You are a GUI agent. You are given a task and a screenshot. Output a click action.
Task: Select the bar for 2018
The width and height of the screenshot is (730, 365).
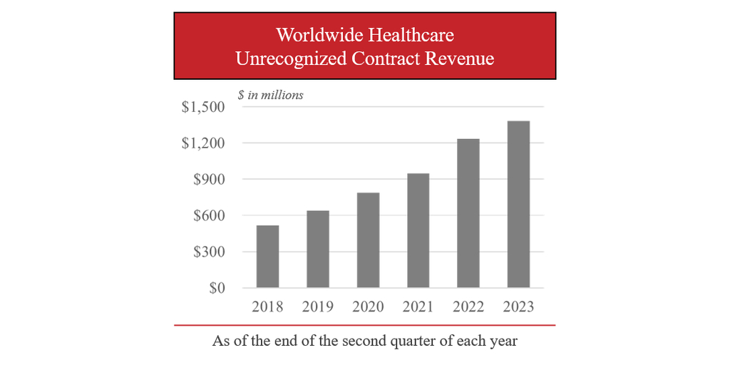point(267,257)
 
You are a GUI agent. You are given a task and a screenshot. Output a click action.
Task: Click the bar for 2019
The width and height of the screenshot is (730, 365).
point(317,249)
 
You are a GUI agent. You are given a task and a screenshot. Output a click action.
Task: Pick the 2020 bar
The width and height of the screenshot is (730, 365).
point(368,240)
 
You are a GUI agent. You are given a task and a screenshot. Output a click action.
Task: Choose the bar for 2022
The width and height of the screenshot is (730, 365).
point(468,213)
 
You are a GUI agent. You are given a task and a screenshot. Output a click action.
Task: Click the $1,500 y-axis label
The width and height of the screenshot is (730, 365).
point(203,107)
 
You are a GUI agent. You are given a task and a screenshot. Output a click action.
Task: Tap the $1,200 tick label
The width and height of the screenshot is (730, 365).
point(203,143)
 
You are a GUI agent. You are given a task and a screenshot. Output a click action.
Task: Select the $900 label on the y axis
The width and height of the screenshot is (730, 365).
point(209,180)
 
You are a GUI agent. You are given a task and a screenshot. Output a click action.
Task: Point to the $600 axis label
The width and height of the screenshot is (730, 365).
point(209,216)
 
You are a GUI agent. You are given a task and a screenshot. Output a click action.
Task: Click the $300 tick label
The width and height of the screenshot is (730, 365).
point(209,252)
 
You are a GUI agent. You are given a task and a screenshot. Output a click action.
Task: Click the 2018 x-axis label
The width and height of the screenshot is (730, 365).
point(267,307)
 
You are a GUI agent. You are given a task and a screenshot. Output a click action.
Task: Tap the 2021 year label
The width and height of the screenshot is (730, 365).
point(418,307)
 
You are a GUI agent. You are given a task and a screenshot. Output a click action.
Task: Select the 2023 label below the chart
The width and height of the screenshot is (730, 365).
point(518,307)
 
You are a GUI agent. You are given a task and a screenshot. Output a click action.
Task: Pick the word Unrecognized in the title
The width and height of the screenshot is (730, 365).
point(291,58)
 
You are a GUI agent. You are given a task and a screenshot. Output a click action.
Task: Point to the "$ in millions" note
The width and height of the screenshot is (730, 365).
point(271,95)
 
